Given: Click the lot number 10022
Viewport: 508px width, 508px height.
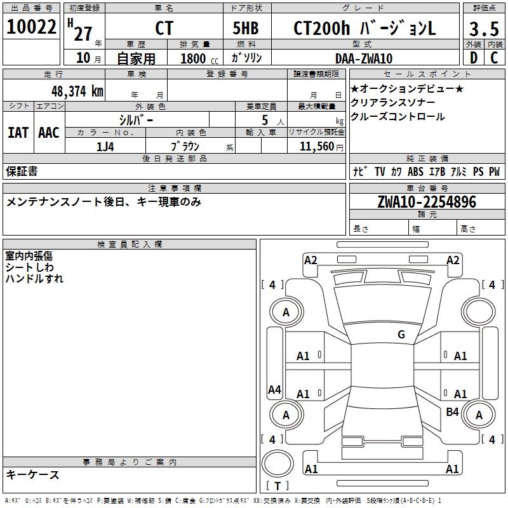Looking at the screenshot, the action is click(x=32, y=27).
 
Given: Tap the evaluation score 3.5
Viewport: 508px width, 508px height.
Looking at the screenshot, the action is click(x=483, y=29).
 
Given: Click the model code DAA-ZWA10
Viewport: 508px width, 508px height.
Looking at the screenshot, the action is click(x=364, y=58).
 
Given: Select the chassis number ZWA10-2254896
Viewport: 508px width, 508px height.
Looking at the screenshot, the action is click(x=426, y=202).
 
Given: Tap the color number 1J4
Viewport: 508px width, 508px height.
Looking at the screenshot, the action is click(x=105, y=146).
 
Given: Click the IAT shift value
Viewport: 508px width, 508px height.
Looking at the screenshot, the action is click(x=18, y=133).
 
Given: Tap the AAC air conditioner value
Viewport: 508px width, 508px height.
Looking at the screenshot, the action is click(x=49, y=133).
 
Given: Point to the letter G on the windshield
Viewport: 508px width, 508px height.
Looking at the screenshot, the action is click(x=401, y=335).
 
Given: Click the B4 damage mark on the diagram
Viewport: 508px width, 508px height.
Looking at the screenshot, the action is click(x=452, y=412).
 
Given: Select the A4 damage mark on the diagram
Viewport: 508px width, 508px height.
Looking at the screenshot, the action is click(x=274, y=390).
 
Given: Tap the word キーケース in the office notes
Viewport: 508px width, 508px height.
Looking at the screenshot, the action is click(x=33, y=474).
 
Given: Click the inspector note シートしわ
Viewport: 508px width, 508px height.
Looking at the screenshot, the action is click(x=29, y=267).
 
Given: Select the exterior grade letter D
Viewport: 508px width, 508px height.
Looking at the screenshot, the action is click(x=473, y=58).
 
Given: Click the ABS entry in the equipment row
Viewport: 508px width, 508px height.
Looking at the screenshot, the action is click(x=415, y=171).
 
